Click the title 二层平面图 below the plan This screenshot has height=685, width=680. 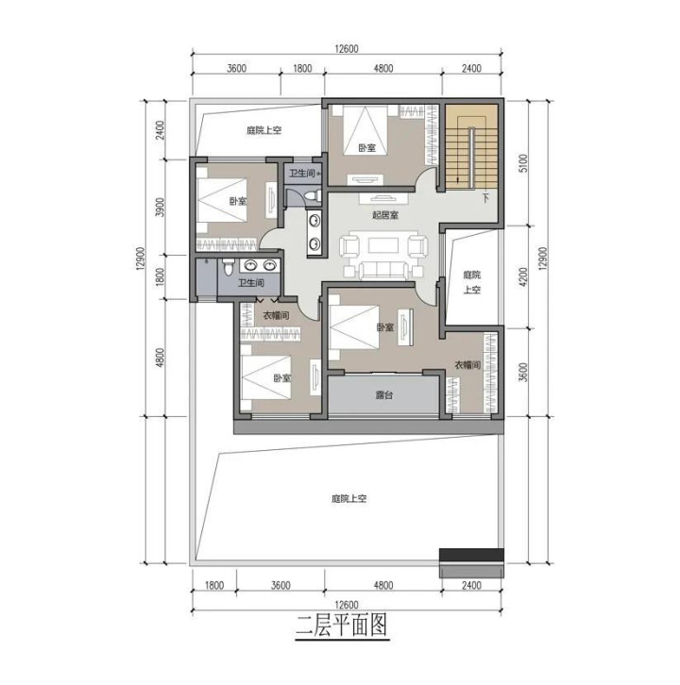(342, 625)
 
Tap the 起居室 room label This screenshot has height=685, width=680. (385, 215)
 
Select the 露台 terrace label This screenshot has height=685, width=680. (384, 395)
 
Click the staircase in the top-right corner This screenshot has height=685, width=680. (471, 147)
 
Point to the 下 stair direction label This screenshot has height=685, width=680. (485, 198)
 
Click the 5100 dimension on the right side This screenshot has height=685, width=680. (523, 163)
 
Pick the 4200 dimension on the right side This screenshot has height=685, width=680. (523, 276)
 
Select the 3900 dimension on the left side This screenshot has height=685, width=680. (161, 207)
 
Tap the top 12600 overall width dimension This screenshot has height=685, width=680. (347, 48)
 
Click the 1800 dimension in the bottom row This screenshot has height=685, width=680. (213, 585)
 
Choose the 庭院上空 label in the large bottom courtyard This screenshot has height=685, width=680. (348, 498)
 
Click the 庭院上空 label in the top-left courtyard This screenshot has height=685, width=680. (263, 130)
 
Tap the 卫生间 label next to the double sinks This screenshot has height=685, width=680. (250, 283)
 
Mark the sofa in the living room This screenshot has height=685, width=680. (383, 271)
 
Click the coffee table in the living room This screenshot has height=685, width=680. (383, 245)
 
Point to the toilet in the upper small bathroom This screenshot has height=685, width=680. (313, 196)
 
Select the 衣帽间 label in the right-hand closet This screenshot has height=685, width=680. (467, 365)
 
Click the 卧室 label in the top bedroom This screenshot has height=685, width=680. (366, 148)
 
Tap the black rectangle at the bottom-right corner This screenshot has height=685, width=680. (471, 555)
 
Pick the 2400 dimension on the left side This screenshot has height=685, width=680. (161, 130)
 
